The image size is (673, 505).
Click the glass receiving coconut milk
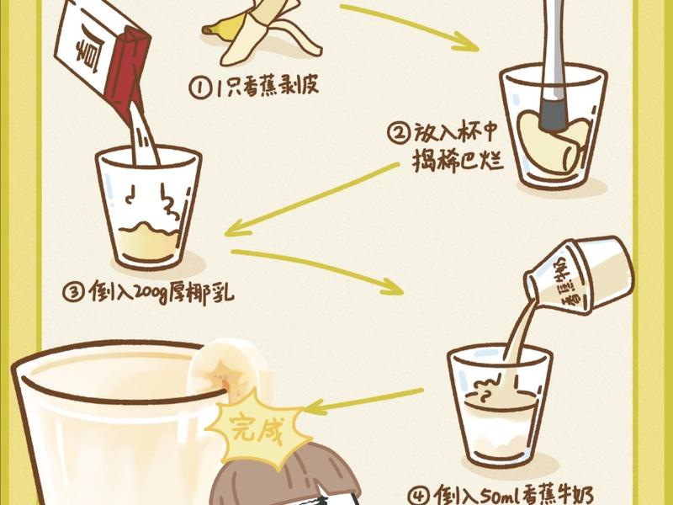pos(148,206)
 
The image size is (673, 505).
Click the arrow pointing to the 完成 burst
pos(362,400)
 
